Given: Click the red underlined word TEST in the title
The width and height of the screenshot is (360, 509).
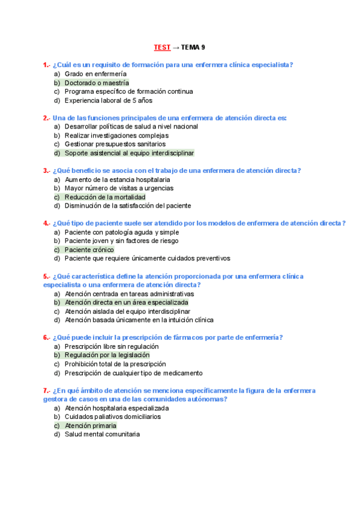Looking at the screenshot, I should click(161, 47).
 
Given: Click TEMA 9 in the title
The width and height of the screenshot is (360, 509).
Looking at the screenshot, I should click(193, 47).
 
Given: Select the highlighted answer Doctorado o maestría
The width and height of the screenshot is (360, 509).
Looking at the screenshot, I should click(97, 83).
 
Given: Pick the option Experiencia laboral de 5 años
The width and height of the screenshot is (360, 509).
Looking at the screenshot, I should click(109, 100).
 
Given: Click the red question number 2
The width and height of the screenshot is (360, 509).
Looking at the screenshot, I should click(46, 118).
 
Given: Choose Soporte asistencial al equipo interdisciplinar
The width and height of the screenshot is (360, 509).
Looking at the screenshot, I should click(129, 153).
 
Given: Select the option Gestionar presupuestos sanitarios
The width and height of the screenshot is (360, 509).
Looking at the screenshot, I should click(115, 144).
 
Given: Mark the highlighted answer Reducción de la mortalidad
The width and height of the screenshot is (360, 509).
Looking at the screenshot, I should click(105, 197).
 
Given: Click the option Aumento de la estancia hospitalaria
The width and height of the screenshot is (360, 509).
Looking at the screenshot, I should click(117, 179).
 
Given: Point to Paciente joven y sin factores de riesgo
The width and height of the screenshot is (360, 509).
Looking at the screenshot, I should click(121, 241).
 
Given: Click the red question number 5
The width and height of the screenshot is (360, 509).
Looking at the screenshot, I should click(46, 276).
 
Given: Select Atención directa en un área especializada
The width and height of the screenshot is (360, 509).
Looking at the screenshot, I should click(126, 303).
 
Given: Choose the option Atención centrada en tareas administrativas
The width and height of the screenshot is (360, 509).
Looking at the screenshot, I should click(129, 294).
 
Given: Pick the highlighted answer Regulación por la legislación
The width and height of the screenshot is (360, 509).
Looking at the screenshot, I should click(107, 355).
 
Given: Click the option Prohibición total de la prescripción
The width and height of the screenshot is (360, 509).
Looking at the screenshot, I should click(115, 364).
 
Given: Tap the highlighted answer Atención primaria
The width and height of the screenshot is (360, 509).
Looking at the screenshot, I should click(91, 426).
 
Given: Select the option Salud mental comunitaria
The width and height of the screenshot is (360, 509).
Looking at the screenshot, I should click(102, 434).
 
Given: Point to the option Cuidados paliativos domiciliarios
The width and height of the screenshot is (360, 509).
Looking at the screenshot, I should click(113, 417).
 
